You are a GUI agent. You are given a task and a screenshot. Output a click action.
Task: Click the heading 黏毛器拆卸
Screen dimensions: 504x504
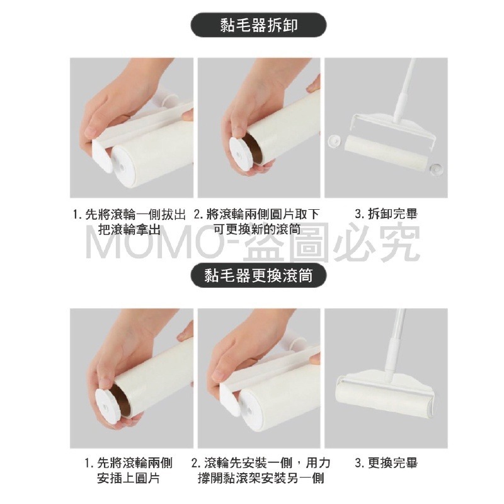259,25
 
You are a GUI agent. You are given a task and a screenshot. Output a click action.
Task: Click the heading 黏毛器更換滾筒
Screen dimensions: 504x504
259,275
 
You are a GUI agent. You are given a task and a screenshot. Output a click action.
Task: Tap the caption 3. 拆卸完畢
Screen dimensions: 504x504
386,214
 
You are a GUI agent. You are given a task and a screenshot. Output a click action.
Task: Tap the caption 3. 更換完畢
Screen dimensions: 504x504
386,463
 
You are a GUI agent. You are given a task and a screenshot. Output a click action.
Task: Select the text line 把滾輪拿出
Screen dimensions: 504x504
129,229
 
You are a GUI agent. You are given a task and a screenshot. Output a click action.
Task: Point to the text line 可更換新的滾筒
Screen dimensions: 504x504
257,229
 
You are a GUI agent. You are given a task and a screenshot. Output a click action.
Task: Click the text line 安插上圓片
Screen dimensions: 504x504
129,479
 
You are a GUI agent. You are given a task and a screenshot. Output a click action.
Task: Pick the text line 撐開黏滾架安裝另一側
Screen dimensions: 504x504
261,479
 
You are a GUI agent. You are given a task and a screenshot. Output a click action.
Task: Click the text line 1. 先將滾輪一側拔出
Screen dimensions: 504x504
129,214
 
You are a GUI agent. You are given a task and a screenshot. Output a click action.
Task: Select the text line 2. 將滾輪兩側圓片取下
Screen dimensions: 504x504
256,214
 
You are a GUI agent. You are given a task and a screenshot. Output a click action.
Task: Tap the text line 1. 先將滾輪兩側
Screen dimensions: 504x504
129,463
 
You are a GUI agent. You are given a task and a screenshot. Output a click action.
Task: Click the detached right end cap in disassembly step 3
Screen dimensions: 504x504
437,168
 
